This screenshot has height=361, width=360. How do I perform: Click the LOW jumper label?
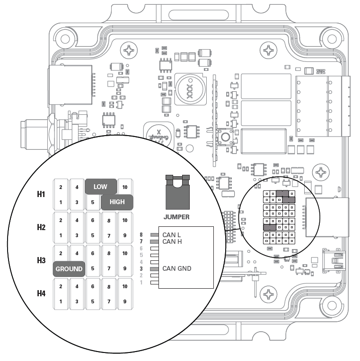(100, 187)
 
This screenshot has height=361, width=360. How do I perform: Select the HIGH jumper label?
(117, 202)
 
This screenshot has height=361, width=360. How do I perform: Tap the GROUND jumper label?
(69, 269)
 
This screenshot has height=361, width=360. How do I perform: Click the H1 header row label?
(42, 195)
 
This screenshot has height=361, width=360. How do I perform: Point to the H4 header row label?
(42, 294)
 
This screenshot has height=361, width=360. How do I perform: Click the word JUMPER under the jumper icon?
(176, 217)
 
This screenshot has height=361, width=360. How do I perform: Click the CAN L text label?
(171, 235)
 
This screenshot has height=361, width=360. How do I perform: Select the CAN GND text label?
(176, 268)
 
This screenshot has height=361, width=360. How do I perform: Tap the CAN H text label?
(172, 241)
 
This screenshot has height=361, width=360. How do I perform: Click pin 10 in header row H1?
(125, 187)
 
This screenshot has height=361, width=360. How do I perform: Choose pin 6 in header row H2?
(93, 220)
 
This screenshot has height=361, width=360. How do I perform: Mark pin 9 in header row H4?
(125, 301)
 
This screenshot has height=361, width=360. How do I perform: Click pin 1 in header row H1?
(61, 202)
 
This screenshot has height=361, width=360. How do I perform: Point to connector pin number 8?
(141, 235)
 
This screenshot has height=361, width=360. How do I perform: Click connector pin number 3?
(141, 268)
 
